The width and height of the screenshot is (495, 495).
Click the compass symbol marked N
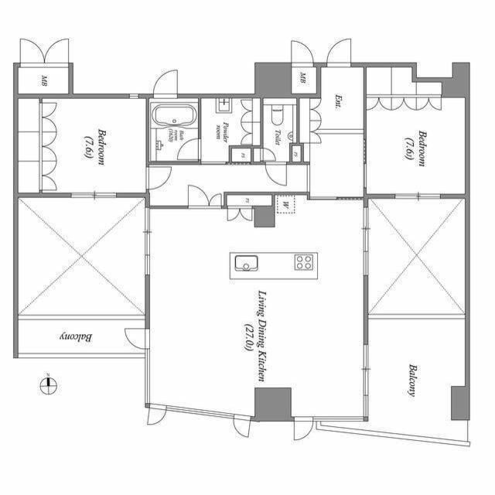coord(47,383)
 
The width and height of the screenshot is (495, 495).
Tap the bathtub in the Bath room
coord(174,118)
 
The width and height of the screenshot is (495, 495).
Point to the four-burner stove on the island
coord(303,263)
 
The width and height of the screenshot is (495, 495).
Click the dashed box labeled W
coord(285,205)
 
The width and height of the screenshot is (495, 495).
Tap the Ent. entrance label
coord(339,101)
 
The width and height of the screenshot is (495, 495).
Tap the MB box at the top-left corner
coord(43,80)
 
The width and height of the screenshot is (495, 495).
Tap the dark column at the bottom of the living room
coord(273,404)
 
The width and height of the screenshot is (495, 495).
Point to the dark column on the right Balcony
coord(459,402)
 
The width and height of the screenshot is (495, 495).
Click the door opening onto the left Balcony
coord(137,338)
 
